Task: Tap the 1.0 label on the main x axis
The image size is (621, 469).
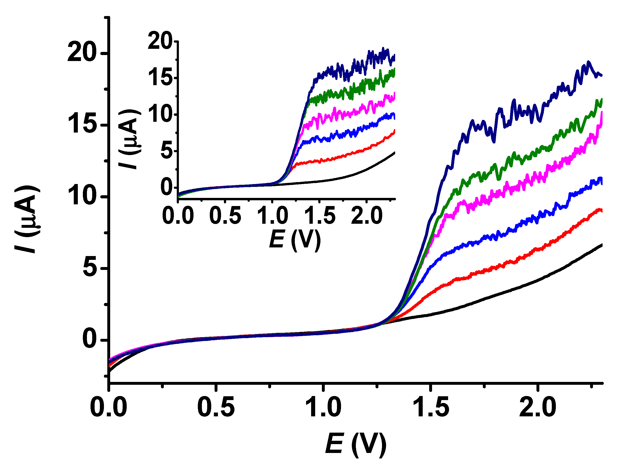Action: [323, 407]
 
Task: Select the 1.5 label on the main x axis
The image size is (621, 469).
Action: [431, 407]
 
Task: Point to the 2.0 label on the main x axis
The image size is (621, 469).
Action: [537, 407]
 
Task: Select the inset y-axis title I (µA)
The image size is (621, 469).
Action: [130, 140]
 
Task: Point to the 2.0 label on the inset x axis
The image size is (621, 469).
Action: [367, 217]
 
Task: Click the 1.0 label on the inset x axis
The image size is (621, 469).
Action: [272, 217]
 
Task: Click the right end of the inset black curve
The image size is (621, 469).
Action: [394, 153]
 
